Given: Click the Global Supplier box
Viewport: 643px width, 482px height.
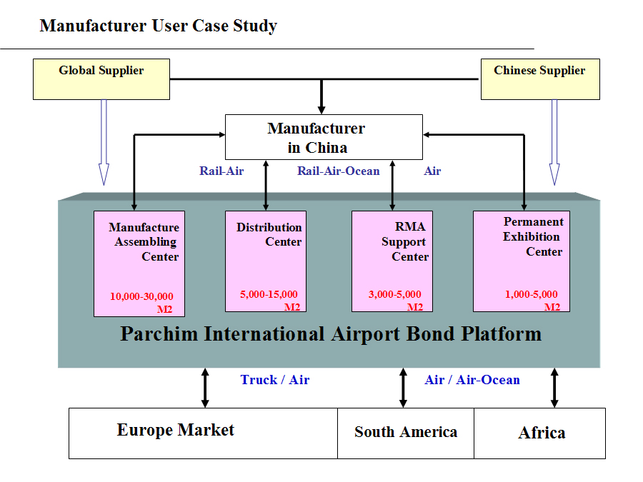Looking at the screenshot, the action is coord(101,79).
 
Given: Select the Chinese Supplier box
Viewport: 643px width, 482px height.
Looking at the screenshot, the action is coord(540,79).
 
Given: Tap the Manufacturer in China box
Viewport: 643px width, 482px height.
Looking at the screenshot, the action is coord(324,137).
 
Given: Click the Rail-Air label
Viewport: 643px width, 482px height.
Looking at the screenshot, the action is coord(221,171).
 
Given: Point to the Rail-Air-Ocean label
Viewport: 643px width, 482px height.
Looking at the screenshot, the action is coord(339,171).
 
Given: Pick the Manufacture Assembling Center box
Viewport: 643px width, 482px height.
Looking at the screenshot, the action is coord(139,264).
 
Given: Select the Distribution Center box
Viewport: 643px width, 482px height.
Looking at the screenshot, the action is coord(266,261).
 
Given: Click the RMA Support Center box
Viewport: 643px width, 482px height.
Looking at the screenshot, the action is coord(392,261).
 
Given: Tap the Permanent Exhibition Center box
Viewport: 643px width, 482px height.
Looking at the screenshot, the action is coord(522,261).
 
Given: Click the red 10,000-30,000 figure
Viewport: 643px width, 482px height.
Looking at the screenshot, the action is coord(141,296).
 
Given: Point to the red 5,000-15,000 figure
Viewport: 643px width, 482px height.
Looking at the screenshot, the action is coord(269,294).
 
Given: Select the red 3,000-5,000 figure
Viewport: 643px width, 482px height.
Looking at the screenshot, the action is coord(394,294).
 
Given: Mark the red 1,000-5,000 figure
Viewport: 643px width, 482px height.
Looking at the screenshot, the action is coord(531,294).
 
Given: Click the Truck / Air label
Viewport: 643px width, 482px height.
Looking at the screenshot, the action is coord(275,380).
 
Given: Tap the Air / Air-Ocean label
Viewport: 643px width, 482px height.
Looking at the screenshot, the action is coord(472,380).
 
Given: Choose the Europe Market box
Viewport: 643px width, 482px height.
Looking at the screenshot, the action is coord(204,433).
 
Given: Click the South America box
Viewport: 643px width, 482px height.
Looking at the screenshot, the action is coord(406,433).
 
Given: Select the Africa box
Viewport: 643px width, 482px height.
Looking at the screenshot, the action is coord(539,433).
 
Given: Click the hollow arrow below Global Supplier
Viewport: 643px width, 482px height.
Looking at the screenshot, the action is coord(104,142).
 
